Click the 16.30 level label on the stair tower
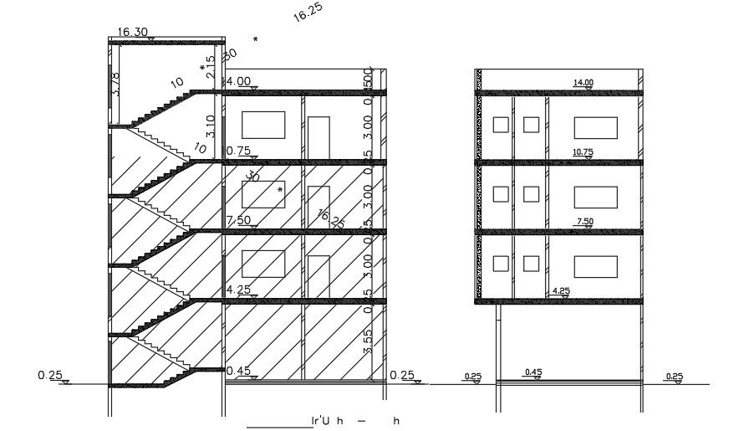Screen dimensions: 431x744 pos(133,32)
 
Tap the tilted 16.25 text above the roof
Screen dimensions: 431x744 pos(308,12)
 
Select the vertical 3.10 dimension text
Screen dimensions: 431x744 pos(211,126)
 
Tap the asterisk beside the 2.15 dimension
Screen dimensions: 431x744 pos(202,69)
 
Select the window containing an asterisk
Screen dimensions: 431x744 pos(263,193)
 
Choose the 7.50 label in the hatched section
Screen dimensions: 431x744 pos(239,220)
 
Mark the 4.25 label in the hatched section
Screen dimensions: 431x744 pos(239,290)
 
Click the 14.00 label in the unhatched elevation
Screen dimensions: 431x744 pos(583,82)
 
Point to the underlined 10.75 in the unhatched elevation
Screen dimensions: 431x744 pos(583,152)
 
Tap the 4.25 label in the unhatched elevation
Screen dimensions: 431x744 pos(561,291)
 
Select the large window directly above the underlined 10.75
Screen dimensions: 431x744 pos(595,127)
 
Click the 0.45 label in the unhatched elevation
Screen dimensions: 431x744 pos(533,372)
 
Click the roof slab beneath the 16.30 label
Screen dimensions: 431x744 pos(167,41)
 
